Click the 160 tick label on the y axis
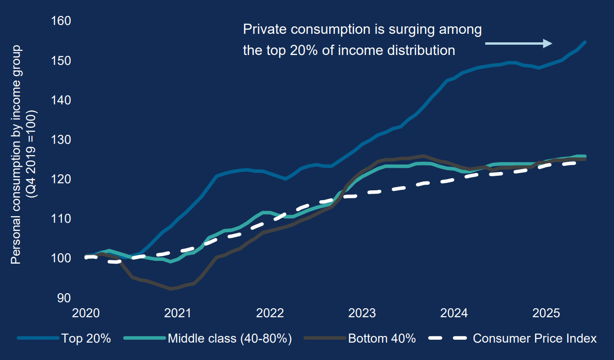[62, 22]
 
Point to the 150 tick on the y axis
[62, 61]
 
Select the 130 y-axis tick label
[62, 140]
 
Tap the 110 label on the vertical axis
[62, 219]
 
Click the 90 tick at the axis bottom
[64, 298]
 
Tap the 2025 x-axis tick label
[548, 313]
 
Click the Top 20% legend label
[86, 338]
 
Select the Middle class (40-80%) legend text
[230, 338]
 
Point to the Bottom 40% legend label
[382, 338]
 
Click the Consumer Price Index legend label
[535, 338]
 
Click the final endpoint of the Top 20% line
[585, 42]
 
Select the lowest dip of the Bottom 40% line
[171, 289]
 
